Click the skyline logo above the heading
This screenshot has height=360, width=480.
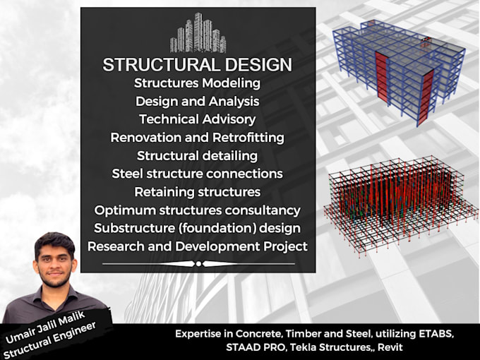(x=198, y=33)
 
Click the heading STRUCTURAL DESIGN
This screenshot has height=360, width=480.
(x=198, y=65)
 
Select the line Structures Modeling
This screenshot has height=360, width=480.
(x=198, y=83)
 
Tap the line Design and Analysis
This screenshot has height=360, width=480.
(x=198, y=102)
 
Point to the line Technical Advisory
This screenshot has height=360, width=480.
(x=198, y=119)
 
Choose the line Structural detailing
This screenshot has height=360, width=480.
(x=198, y=155)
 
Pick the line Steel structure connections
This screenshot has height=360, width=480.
(x=198, y=174)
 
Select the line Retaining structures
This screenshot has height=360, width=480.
(x=198, y=192)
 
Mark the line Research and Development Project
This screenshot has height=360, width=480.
(x=198, y=246)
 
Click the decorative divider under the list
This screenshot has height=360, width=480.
(x=198, y=263)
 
